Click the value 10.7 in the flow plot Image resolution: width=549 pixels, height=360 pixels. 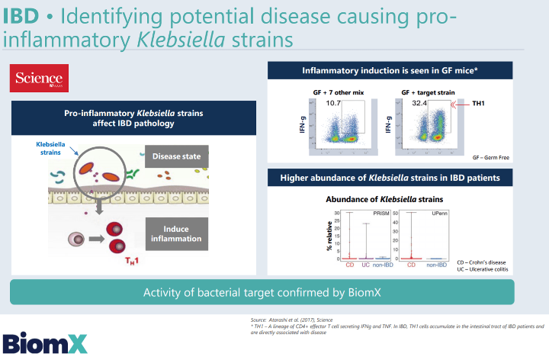pyautogui.click(x=333, y=102)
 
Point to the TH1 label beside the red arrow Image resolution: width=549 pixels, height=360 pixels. pyautogui.click(x=480, y=102)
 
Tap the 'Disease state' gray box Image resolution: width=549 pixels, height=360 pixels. pyautogui.click(x=176, y=157)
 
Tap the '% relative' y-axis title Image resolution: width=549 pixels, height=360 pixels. pyautogui.click(x=328, y=236)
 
